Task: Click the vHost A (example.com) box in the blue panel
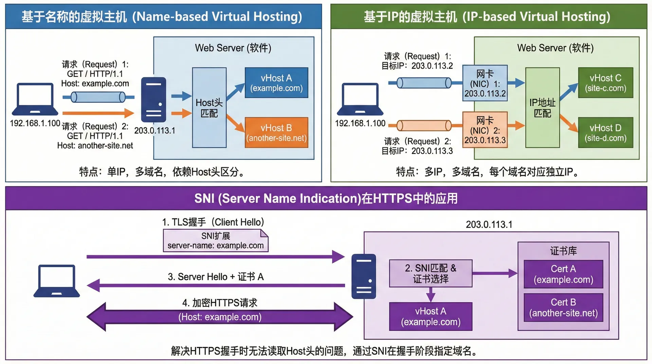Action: pyautogui.click(x=276, y=83)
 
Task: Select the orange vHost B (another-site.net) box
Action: pyautogui.click(x=276, y=133)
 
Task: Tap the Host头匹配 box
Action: pyautogui.click(x=209, y=108)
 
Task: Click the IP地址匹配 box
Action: pyautogui.click(x=542, y=108)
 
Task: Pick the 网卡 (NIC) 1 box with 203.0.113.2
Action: pyautogui.click(x=485, y=83)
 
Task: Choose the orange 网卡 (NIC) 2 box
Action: pyautogui.click(x=485, y=130)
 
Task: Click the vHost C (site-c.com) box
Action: pyautogui.click(x=605, y=83)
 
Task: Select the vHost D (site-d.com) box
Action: pyautogui.click(x=605, y=133)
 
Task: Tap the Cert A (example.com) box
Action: pyautogui.click(x=563, y=274)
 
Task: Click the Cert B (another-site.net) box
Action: pyautogui.click(x=563, y=307)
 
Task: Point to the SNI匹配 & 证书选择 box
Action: pyautogui.click(x=431, y=273)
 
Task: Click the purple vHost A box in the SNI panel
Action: pyautogui.click(x=431, y=316)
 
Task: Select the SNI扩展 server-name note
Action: pyautogui.click(x=216, y=241)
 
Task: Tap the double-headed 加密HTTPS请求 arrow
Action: pyautogui.click(x=220, y=317)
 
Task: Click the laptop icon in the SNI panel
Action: pyautogui.click(x=57, y=281)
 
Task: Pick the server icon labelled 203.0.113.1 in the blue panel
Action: pyautogui.click(x=153, y=100)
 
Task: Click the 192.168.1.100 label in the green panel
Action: pyautogui.click(x=360, y=123)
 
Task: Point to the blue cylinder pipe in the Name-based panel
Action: pyautogui.click(x=98, y=97)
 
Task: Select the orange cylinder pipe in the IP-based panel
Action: pyautogui.click(x=424, y=126)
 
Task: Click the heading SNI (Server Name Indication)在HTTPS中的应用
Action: pyautogui.click(x=326, y=198)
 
